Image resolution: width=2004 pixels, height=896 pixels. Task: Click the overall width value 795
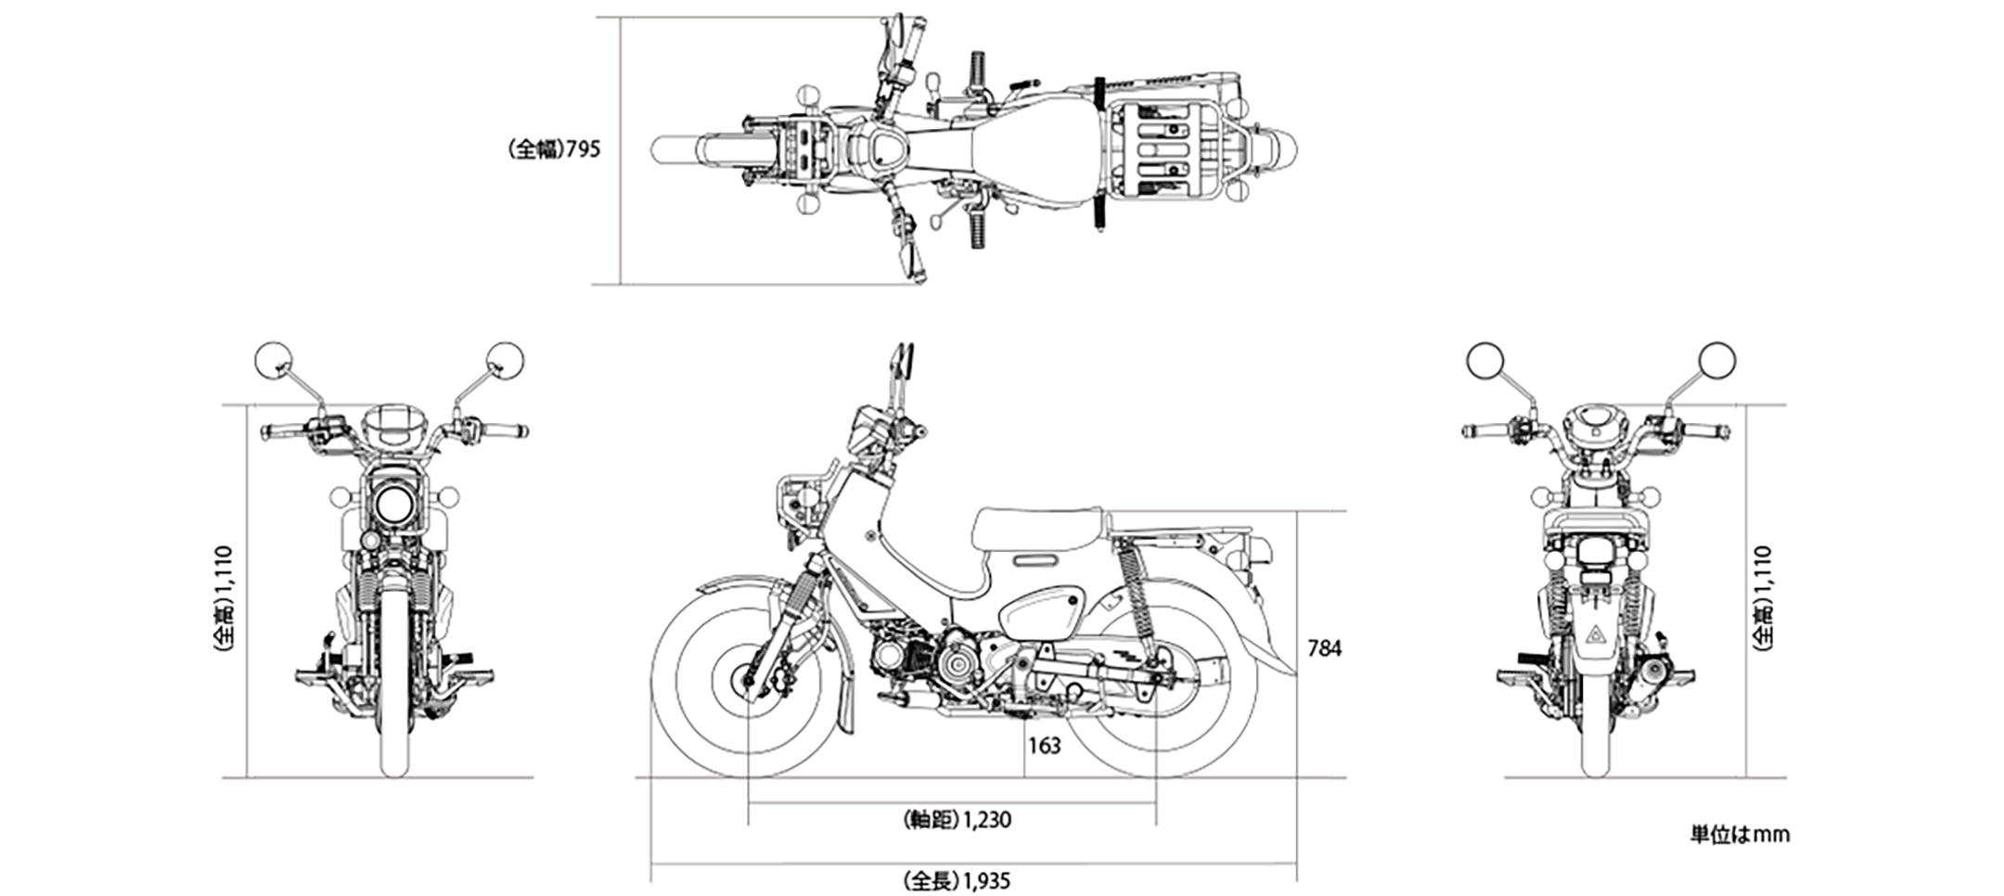tap(584, 148)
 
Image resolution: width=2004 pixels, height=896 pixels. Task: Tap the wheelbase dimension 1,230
tap(986, 820)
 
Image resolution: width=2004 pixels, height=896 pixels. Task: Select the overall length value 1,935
tap(985, 880)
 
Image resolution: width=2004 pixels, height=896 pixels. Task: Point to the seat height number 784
tap(1324, 649)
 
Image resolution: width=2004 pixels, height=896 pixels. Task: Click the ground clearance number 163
tap(1044, 746)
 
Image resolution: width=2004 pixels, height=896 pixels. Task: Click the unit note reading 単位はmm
tap(1739, 835)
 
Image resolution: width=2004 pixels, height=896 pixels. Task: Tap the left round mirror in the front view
tap(273, 360)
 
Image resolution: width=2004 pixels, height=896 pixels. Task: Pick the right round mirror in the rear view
tap(1716, 360)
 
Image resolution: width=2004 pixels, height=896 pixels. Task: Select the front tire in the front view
tap(394, 705)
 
